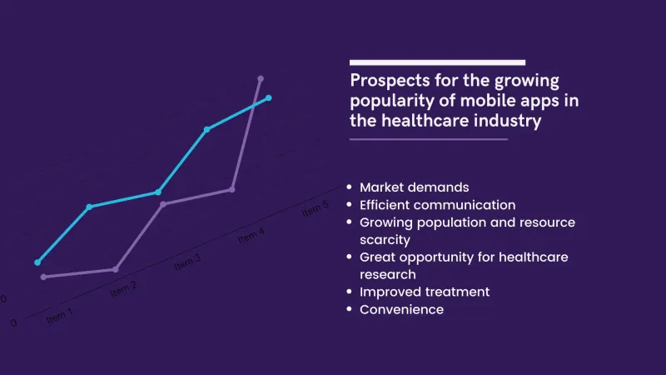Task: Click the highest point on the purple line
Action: pos(261,79)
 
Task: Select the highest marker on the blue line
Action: pos(268,97)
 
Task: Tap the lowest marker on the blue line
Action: pos(37,262)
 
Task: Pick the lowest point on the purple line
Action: pos(43,277)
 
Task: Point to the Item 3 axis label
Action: pos(186,262)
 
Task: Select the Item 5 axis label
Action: pos(315,210)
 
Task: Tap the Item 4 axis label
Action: pos(251,237)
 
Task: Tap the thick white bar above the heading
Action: pos(437,62)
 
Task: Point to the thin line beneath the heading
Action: pos(429,139)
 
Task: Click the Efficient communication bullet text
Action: pos(437,204)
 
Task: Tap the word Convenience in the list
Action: pos(401,309)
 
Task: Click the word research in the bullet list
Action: pos(387,274)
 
